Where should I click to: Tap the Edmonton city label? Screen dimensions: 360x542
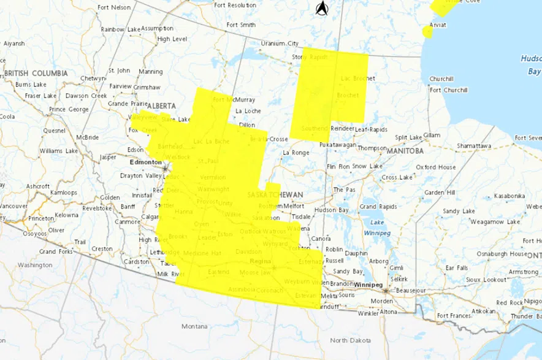[145, 163]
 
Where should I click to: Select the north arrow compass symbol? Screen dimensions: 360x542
[322, 9]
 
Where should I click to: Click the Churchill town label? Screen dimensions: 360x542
[441, 79]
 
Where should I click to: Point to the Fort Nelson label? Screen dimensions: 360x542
[115, 7]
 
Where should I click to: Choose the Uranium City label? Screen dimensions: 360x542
[280, 44]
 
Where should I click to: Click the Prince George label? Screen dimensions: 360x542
[69, 109]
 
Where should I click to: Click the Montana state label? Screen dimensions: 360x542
[194, 326]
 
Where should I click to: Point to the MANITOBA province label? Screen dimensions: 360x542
[406, 150]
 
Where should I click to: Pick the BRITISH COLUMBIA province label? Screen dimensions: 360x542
[36, 74]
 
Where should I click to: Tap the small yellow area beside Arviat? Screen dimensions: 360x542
[427, 32]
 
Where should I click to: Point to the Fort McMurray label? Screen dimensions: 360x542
[234, 99]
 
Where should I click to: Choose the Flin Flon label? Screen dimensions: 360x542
[339, 167]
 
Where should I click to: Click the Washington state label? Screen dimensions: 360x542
[35, 265]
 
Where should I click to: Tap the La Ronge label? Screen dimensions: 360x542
[296, 152]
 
